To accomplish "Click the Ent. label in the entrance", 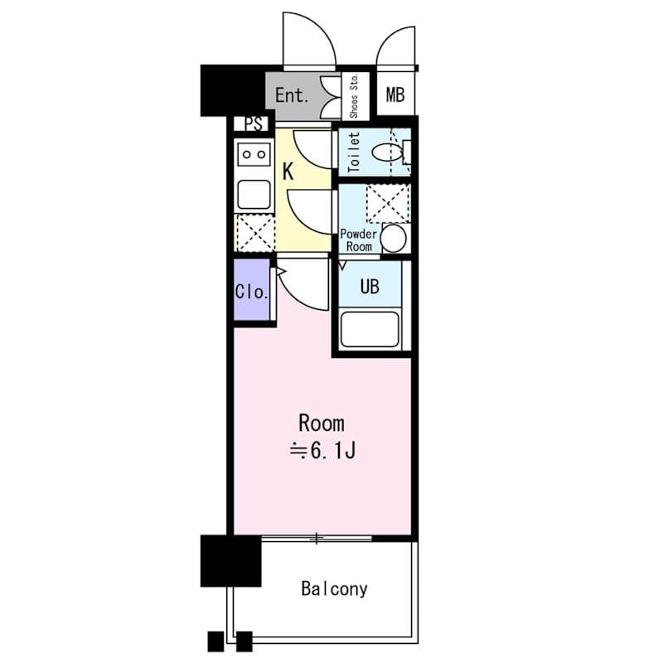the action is pos(292,95).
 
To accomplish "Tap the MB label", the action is pos(395,94).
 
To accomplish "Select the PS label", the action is pos(254,123).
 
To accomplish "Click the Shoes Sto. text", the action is pos(354,96).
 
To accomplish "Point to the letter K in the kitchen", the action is pos(288,172).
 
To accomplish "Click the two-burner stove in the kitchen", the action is pos(254,154).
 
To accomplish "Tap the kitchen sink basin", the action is pos(254,195).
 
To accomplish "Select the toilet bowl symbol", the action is pos(387,152).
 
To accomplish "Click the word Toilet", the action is pos(354,152).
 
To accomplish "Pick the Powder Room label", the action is pos(359,240).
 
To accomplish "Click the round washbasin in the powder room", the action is pos(393,239).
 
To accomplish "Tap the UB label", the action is pos(370,287).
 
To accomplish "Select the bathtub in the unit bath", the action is pos(370,329).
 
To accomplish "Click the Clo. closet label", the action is pos(252,292).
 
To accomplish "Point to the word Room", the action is pos(322,423).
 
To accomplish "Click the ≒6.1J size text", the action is pos(322,451).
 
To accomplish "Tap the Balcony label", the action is pos(334,588).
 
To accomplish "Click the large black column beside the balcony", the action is pos(231,561).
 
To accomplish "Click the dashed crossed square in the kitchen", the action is pos(255,234).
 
